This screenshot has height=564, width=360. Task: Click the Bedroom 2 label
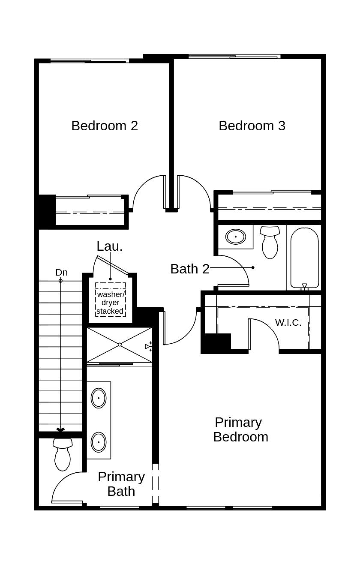(105, 126)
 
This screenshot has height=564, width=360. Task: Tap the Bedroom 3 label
(252, 126)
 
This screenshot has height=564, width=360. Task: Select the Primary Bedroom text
(240, 429)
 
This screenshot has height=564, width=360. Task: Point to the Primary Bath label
(121, 484)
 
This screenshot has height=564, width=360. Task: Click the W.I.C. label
(288, 323)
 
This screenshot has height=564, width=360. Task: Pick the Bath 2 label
(190, 269)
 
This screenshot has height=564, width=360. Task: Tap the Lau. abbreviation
(109, 246)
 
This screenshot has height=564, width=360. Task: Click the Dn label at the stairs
(61, 273)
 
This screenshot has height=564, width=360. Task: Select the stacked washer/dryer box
(111, 300)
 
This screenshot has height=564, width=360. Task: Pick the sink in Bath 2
(235, 237)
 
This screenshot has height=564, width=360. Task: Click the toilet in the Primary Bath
(63, 454)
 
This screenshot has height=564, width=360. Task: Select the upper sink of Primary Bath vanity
(99, 398)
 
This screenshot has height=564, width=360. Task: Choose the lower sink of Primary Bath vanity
(99, 441)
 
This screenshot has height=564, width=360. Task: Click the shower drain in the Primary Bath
(120, 345)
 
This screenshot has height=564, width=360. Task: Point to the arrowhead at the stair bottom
(60, 429)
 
